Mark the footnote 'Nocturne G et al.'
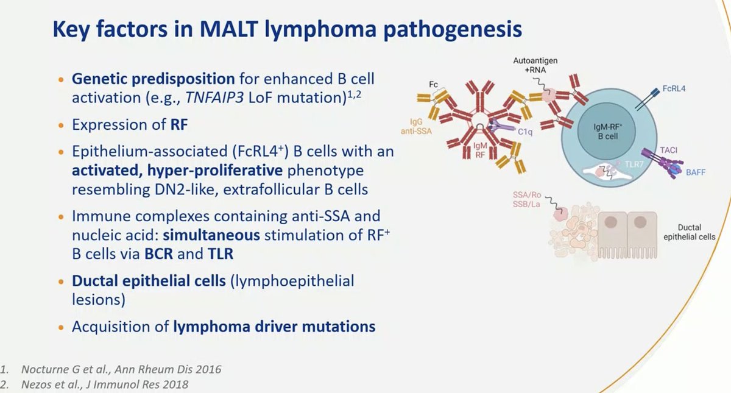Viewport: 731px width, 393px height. pyautogui.click(x=119, y=369)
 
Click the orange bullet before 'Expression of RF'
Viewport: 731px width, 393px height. pyautogui.click(x=60, y=124)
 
